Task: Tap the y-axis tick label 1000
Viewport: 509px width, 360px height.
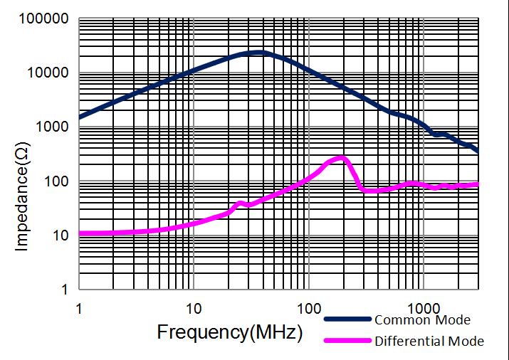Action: (51, 127)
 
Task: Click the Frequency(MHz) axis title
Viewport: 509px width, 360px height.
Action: (229, 332)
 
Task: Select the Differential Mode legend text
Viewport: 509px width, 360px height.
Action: (429, 341)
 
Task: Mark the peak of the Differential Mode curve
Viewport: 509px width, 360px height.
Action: (342, 157)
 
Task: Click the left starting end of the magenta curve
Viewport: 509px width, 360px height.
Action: (80, 233)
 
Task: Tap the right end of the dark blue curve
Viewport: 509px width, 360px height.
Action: (477, 152)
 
